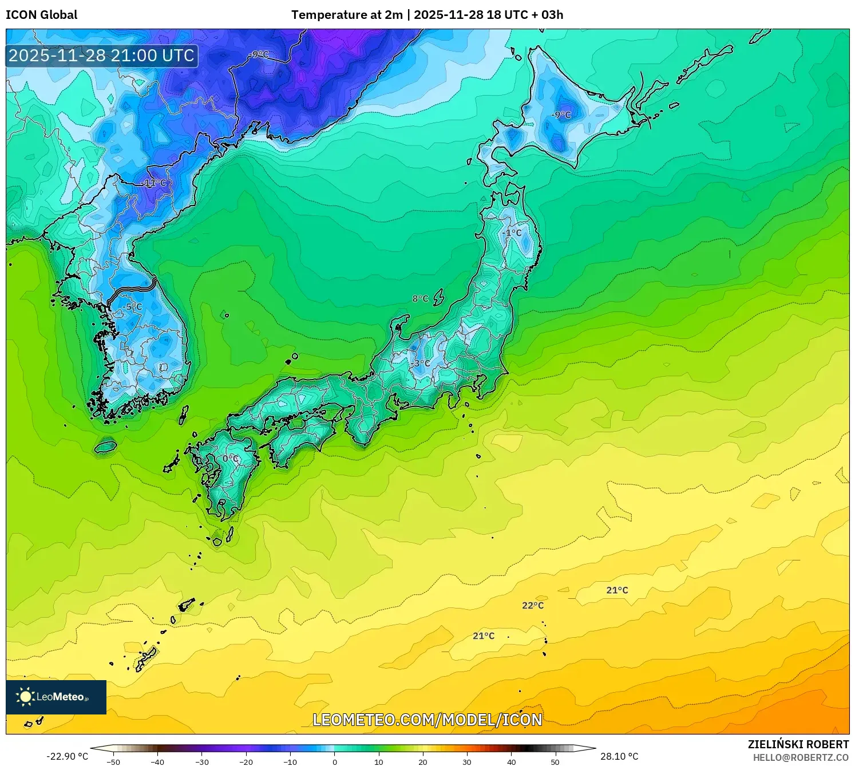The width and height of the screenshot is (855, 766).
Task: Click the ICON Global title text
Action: coord(41,15)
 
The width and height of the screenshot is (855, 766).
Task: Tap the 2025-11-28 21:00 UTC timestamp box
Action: coord(102,56)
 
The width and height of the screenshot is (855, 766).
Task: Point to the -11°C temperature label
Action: coord(154,183)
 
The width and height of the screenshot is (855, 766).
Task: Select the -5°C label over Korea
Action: coord(132,307)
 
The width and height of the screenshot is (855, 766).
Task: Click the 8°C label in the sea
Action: coord(420,298)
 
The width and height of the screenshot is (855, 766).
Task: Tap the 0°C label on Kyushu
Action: coord(231,459)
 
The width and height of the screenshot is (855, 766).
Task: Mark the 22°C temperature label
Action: coord(533,605)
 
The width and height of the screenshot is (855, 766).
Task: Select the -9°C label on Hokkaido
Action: coord(561,114)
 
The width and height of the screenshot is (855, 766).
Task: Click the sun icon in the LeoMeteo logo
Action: coord(25,697)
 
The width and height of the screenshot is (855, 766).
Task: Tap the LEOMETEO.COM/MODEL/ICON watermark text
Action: coord(427,720)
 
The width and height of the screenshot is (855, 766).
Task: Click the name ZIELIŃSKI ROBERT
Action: coord(798,744)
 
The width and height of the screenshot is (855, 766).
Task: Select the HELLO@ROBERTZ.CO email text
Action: coord(801,757)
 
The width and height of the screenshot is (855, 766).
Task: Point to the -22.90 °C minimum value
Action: coord(67,756)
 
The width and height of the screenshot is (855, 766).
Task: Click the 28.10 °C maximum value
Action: coord(619,756)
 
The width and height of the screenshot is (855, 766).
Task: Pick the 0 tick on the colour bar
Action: coord(335,761)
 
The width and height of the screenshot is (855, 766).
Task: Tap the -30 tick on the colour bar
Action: coord(202,761)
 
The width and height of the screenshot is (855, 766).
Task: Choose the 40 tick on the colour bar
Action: coord(512,761)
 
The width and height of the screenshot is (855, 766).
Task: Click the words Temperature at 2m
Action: coord(347,15)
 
